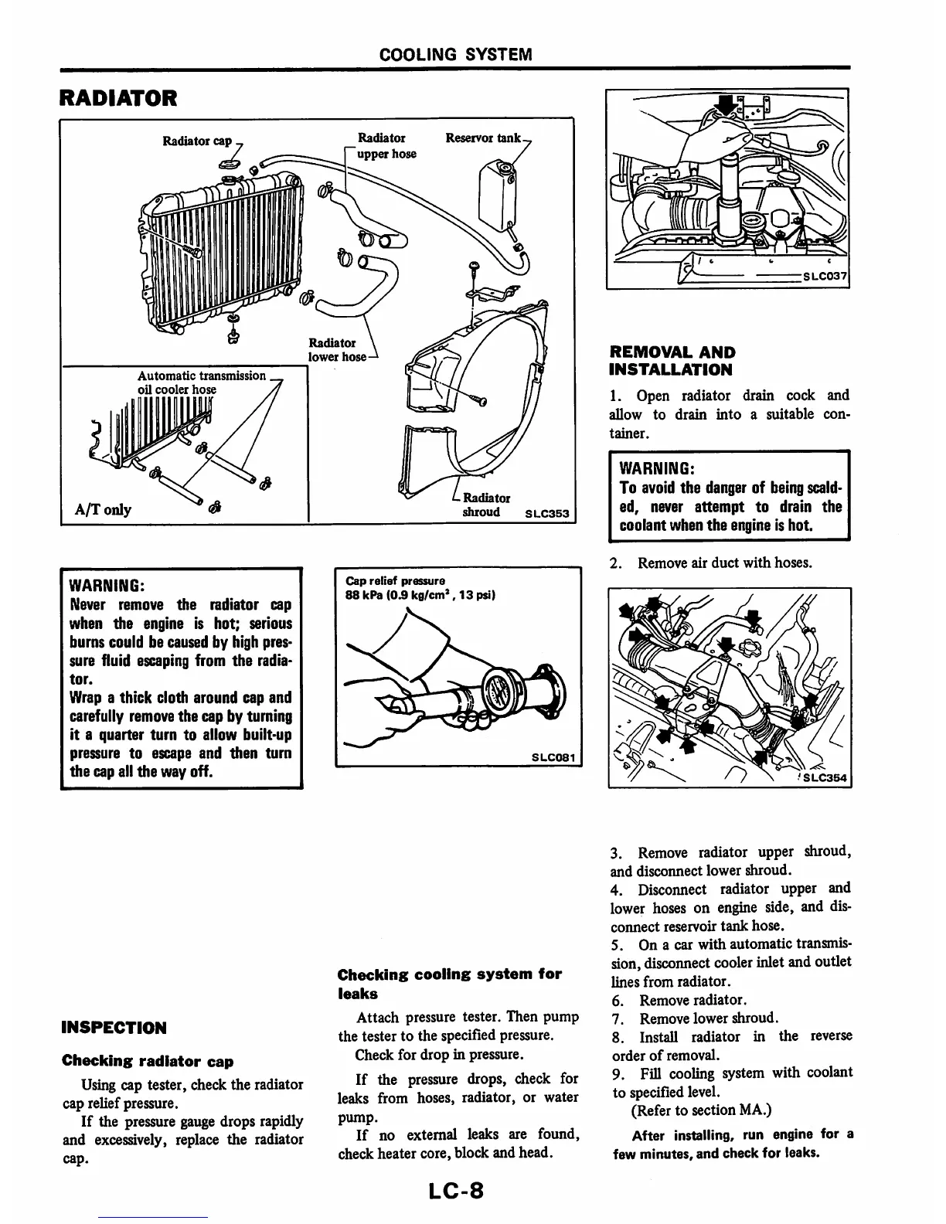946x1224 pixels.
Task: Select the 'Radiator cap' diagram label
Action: point(196,141)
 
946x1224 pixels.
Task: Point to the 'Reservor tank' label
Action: point(483,138)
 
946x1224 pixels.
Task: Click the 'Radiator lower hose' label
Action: point(333,349)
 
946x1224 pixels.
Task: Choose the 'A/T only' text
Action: point(103,509)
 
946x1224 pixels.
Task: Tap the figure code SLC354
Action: point(825,777)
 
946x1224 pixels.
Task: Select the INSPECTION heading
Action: point(114,1028)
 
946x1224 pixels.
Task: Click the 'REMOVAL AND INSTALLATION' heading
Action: point(672,361)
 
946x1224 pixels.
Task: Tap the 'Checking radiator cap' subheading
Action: point(147,1061)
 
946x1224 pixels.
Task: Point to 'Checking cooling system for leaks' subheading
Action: point(449,984)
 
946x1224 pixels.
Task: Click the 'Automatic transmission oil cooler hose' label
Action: point(201,382)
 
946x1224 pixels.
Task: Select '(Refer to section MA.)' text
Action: point(701,1110)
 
